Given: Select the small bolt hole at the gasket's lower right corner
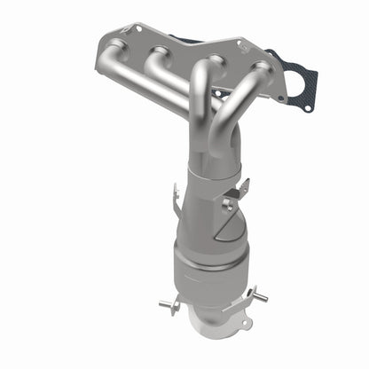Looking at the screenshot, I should (307, 106).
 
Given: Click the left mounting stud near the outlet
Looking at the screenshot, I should (168, 305).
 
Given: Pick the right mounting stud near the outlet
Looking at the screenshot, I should (256, 293).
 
